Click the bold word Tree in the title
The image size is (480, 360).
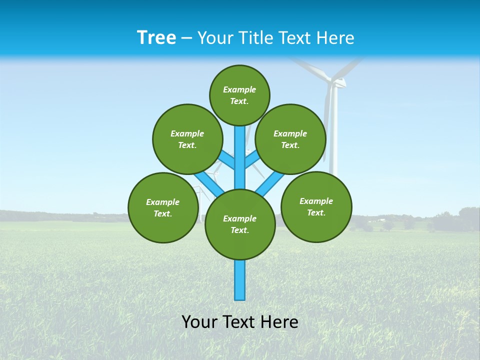[x=156, y=38]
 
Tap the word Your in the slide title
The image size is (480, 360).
[x=216, y=38]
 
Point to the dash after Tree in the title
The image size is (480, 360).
[x=187, y=38]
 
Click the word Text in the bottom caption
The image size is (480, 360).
[x=240, y=322]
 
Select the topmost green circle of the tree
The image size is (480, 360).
[x=239, y=95]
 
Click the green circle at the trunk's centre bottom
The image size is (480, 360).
[x=240, y=224]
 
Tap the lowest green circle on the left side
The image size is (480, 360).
[x=163, y=208]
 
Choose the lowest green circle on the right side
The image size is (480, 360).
[x=316, y=207]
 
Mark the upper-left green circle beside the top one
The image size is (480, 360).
[x=187, y=139]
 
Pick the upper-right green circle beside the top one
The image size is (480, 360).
[x=290, y=139]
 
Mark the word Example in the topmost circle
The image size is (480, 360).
[x=239, y=90]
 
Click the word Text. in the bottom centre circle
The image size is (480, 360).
[x=239, y=230]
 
